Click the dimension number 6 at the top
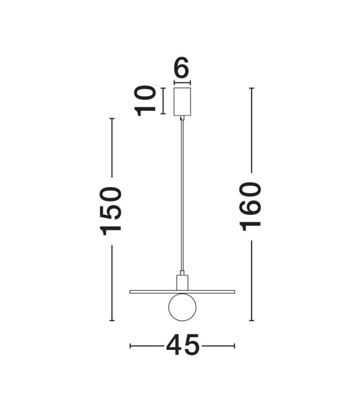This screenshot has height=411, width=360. (x=182, y=67)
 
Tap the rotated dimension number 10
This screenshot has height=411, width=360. (x=145, y=101)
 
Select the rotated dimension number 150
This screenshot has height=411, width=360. (x=111, y=211)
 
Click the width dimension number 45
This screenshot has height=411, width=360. (x=183, y=345)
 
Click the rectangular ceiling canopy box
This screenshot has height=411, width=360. (x=183, y=102)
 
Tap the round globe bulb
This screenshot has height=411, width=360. (x=183, y=307)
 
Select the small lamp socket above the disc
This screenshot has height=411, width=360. (x=183, y=283)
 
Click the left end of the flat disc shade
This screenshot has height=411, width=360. (x=130, y=292)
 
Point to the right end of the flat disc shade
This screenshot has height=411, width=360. (x=235, y=292)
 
